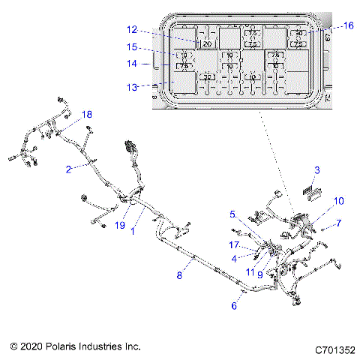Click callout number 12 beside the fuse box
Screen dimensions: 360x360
(x=132, y=30)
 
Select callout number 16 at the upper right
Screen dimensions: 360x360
(x=348, y=25)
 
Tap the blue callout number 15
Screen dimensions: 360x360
(x=132, y=46)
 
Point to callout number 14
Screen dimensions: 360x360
(x=132, y=64)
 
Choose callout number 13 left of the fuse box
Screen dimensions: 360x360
(x=132, y=87)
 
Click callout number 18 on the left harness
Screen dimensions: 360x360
(x=87, y=115)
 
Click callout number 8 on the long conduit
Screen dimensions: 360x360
(x=179, y=276)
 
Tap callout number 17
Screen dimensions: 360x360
(x=233, y=244)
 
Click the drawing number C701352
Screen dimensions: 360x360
(x=334, y=348)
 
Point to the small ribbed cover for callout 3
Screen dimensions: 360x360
(x=309, y=191)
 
